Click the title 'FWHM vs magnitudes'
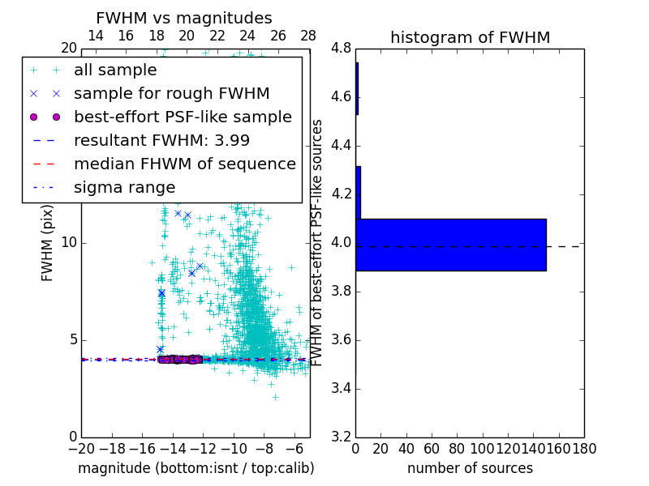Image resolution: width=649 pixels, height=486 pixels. click(x=184, y=18)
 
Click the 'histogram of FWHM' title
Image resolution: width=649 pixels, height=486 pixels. click(x=470, y=37)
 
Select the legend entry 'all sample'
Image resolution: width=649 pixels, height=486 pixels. click(x=115, y=70)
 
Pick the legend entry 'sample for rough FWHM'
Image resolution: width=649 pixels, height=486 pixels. click(x=172, y=94)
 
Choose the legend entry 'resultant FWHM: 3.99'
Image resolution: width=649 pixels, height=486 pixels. click(x=161, y=141)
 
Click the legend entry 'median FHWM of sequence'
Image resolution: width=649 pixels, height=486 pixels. click(x=185, y=164)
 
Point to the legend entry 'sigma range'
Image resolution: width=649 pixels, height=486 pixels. click(x=124, y=188)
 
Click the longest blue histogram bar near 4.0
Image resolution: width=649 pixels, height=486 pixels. click(x=451, y=245)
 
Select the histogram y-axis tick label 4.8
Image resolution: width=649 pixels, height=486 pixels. click(x=342, y=49)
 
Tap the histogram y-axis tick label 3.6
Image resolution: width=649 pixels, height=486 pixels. click(x=342, y=339)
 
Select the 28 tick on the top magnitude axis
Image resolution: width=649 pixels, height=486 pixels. click(x=309, y=36)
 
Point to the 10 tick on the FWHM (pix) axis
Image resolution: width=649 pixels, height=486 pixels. click(x=69, y=243)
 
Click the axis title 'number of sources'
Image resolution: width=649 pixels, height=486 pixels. click(x=470, y=468)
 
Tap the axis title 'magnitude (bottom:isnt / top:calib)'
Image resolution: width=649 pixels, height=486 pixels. click(x=196, y=468)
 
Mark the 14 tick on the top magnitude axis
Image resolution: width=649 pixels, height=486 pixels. click(x=95, y=36)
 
